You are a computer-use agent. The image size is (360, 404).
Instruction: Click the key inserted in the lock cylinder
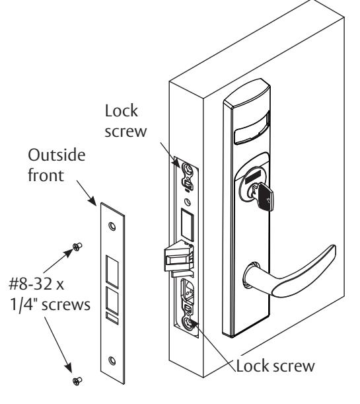[265, 196]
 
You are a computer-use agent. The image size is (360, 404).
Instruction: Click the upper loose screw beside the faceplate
[77, 247]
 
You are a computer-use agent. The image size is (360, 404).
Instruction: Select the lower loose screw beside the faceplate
[77, 381]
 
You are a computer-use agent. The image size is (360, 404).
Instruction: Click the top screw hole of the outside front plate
[112, 226]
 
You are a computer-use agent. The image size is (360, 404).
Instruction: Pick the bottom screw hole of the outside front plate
[112, 360]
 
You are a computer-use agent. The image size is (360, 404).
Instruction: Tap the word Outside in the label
[57, 155]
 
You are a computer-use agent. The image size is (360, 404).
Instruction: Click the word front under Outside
[46, 175]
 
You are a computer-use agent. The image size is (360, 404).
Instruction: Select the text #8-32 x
[36, 284]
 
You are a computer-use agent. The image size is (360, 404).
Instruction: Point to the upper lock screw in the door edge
[188, 169]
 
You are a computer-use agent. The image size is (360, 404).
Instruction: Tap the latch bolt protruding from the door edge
[178, 257]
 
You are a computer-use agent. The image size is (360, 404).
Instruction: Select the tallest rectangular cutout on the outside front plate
[112, 272]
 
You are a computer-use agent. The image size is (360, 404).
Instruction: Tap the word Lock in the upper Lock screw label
[122, 111]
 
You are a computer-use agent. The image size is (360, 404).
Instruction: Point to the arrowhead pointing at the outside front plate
[92, 200]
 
